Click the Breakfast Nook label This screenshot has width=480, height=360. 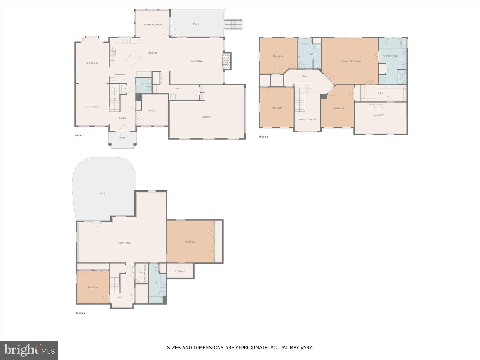(153, 25)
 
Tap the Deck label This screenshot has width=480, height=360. (196, 24)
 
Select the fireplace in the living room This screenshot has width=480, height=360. (226, 61)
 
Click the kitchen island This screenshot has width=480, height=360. (133, 59)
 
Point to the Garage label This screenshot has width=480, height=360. (206, 117)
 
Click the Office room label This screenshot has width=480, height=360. (152, 111)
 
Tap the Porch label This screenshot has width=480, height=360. (122, 138)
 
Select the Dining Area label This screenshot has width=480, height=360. (92, 63)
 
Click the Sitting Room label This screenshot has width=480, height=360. (92, 107)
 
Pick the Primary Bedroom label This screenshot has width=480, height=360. (350, 61)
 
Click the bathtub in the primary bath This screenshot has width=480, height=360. (393, 43)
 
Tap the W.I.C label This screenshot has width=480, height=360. (380, 93)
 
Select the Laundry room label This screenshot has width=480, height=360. (379, 115)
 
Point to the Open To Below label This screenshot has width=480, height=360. (307, 119)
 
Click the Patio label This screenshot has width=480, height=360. (103, 193)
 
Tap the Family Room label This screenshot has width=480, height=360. (124, 243)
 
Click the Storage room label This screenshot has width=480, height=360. (180, 271)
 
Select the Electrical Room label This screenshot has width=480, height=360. (145, 274)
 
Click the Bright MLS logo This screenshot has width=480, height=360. (29, 350)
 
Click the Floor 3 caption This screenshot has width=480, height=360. (263, 137)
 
